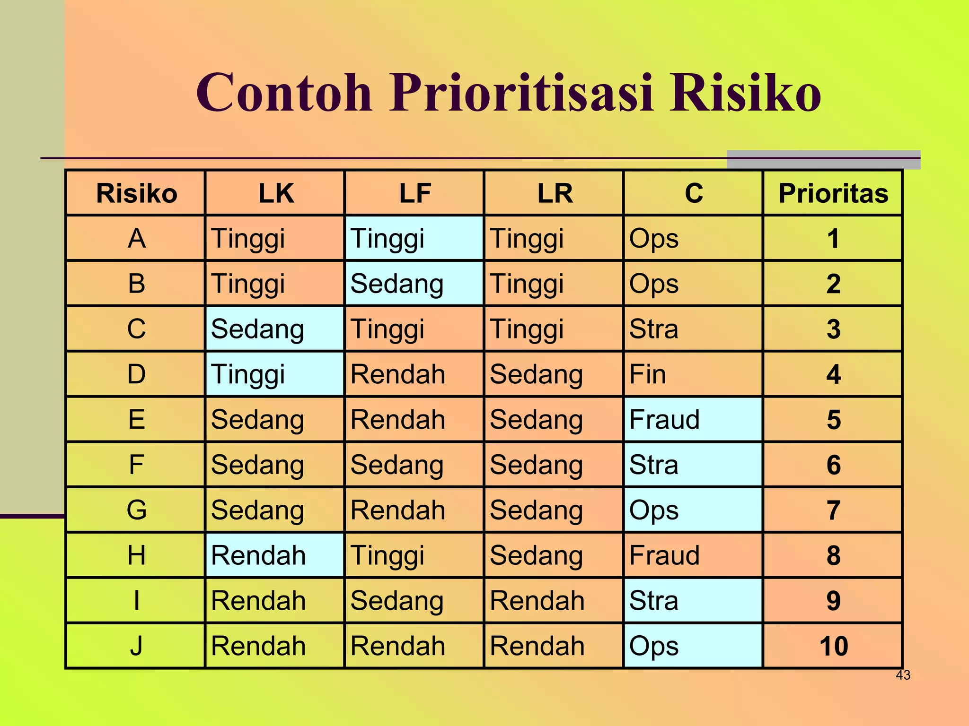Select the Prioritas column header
pyautogui.click(x=833, y=193)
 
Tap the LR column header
pyautogui.click(x=555, y=193)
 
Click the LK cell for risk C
pyautogui.click(x=274, y=329)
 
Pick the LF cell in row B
pyautogui.click(x=414, y=284)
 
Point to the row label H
pyautogui.click(x=136, y=555)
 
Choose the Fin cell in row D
pyautogui.click(x=693, y=374)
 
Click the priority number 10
pyautogui.click(x=833, y=646)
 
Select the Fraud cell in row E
pyautogui.click(x=693, y=420)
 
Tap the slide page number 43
pyautogui.click(x=903, y=675)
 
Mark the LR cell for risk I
pyautogui.click(x=554, y=601)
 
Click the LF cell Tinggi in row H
pyautogui.click(x=414, y=555)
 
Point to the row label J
pyautogui.click(x=136, y=646)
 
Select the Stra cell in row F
pyautogui.click(x=693, y=465)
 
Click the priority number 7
pyautogui.click(x=833, y=510)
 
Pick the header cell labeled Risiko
pyautogui.click(x=136, y=193)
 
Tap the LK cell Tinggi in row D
pyautogui.click(x=274, y=374)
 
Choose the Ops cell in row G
pyautogui.click(x=693, y=510)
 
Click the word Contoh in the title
pyautogui.click(x=284, y=93)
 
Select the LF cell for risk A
pyautogui.click(x=414, y=238)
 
